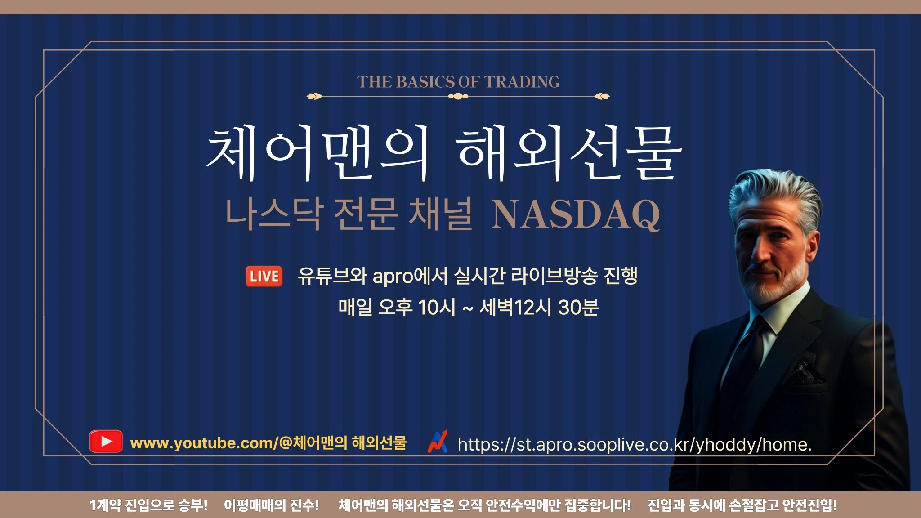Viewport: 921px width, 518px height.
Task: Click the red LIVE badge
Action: coord(264,276)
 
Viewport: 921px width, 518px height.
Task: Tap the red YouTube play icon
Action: coord(106,441)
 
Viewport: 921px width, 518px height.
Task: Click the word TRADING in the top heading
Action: coord(522,82)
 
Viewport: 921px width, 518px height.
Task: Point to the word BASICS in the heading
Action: coord(425,82)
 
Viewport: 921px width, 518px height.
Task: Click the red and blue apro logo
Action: coord(438,442)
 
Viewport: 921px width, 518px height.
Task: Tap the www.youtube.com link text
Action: coord(268,443)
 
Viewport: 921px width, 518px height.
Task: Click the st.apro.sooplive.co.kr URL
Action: coord(635,445)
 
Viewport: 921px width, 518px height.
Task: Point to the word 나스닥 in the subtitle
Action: coord(274,214)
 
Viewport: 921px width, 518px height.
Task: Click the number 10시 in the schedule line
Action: coord(437,308)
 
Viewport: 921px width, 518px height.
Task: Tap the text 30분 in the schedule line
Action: coord(578,308)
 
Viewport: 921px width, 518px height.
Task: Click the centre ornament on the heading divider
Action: coord(458,96)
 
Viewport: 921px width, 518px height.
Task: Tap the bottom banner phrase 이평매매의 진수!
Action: coord(272,505)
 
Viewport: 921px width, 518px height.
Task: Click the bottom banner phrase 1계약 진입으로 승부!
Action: coord(148,505)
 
